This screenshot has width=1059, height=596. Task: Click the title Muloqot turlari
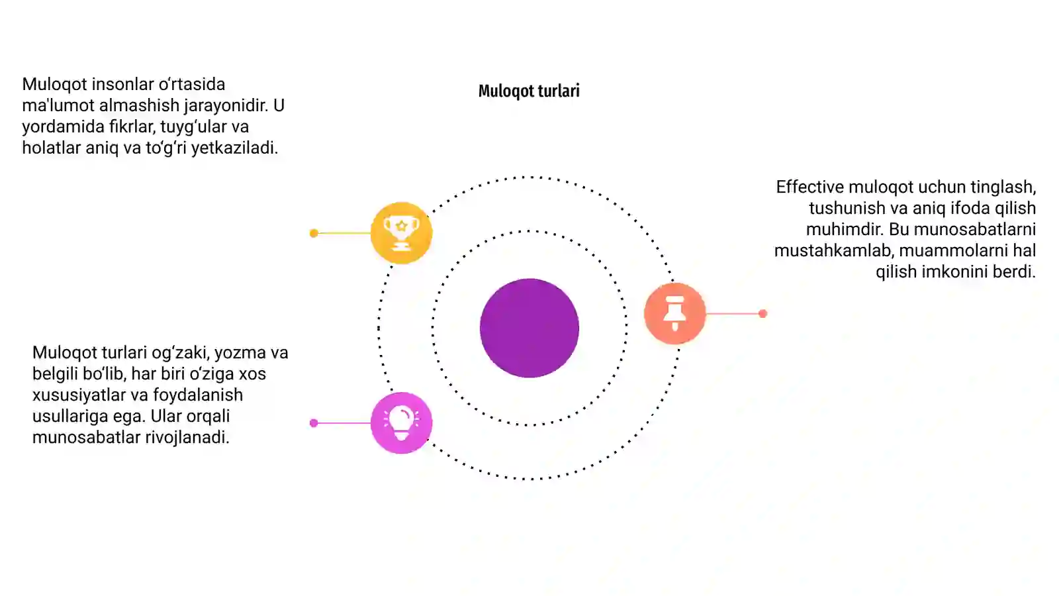pos(529,91)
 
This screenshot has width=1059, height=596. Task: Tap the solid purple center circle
pos(529,328)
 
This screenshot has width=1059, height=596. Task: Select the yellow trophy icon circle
pos(401,232)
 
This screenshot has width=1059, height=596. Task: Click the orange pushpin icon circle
pos(674,313)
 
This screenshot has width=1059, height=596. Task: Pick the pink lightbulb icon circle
pos(401,423)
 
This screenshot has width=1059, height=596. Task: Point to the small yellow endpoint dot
pos(314,233)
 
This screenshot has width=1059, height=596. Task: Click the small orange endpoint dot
pos(762,314)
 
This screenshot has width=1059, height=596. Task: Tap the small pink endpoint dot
pos(314,423)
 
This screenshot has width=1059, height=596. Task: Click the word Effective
pos(810,187)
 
